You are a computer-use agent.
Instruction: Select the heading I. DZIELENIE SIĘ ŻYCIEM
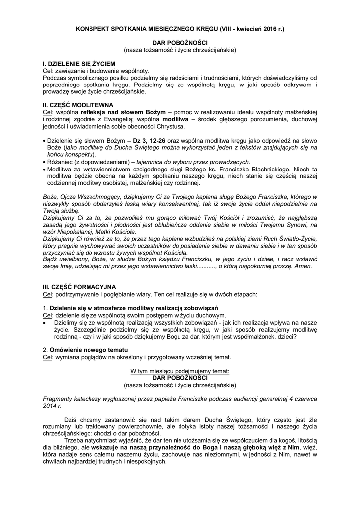[79, 65]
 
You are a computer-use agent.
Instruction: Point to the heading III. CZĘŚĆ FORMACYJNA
[80, 287]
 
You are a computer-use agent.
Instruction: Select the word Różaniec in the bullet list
[59, 162]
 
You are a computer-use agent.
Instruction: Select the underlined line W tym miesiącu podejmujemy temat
[180, 371]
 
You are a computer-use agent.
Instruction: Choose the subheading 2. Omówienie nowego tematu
[82, 350]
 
